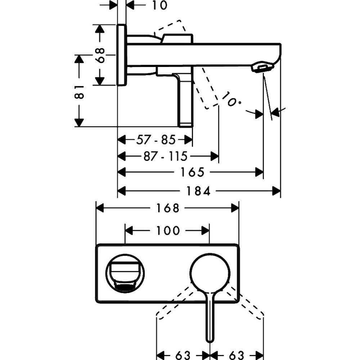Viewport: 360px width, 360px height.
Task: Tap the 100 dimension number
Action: click(167, 230)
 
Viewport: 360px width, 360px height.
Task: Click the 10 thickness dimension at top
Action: click(157, 5)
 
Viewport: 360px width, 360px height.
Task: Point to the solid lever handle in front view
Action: click(210, 317)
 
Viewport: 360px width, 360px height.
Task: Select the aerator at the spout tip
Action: click(261, 68)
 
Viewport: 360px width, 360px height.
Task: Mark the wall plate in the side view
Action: click(121, 55)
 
